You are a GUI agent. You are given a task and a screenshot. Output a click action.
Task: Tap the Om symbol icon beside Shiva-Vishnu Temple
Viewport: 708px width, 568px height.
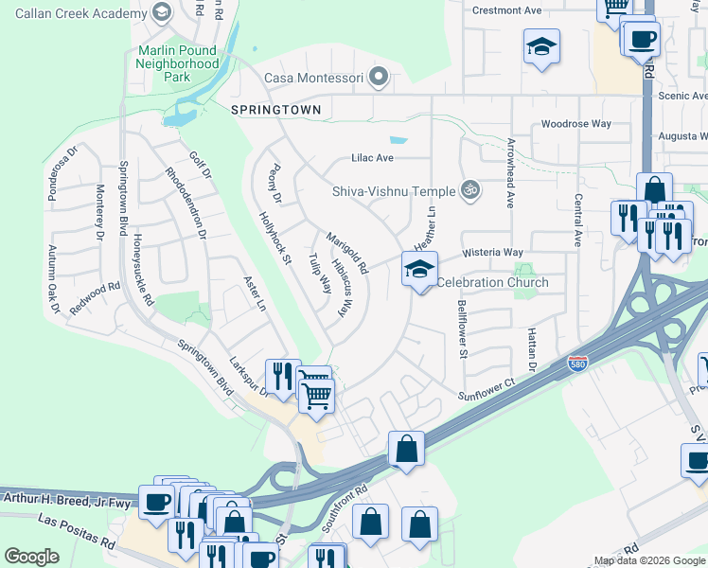coord(469,190)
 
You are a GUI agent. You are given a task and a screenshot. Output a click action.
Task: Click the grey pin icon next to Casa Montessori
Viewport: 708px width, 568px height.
coord(380,77)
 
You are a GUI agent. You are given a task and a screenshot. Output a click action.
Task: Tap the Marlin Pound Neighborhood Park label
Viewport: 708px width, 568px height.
coord(177,62)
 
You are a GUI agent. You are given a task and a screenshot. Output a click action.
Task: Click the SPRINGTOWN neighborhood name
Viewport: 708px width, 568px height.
coord(275,110)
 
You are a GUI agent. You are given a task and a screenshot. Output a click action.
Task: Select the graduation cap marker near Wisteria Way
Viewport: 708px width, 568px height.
coord(419,270)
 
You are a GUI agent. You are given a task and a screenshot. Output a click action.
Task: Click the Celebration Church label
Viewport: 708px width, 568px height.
coord(491,282)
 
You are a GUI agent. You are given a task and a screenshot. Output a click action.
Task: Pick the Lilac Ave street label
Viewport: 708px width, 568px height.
coord(372,158)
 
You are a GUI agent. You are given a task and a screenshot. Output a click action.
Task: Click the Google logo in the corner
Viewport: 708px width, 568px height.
coord(31,557)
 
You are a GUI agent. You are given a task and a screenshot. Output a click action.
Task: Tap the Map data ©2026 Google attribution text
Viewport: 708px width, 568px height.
coord(649,560)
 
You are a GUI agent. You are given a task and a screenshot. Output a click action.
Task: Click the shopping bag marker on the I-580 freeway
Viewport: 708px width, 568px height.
coord(406,451)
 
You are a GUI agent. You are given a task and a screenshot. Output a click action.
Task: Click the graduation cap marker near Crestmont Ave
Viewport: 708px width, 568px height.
coord(541,47)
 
